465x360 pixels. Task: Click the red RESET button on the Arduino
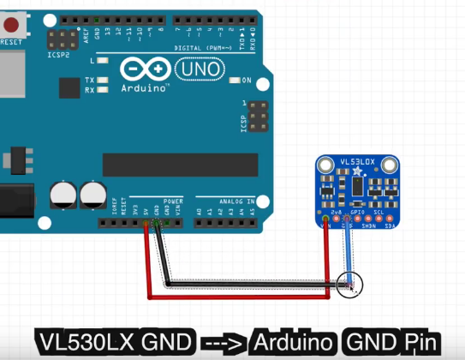tap(13, 23)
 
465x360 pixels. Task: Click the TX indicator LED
tap(103, 80)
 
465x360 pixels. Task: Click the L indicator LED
tap(103, 61)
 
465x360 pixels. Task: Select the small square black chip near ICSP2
tap(69, 87)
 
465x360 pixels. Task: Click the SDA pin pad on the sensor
tap(390, 219)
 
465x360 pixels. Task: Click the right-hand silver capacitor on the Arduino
tap(91, 193)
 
